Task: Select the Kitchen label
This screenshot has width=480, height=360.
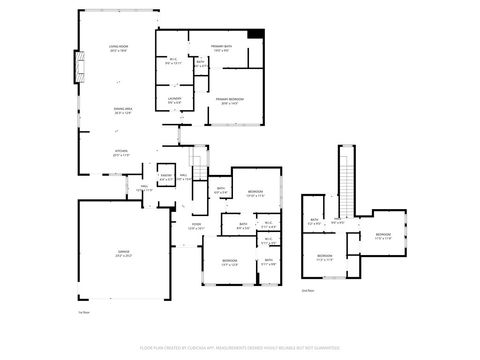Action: coord(121,153)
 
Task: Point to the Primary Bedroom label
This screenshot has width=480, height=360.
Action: coord(228,100)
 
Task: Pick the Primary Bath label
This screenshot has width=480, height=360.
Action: coord(221,48)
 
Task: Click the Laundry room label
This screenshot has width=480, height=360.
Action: coord(173,100)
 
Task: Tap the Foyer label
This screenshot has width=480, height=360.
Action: coord(197,227)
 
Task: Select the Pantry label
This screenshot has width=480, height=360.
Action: coord(167,178)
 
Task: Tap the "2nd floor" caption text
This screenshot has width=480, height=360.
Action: coord(308,291)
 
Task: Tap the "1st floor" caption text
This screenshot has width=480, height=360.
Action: coord(84,312)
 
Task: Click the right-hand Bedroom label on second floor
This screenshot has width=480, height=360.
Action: coord(389,238)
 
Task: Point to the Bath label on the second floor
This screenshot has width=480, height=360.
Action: coord(314,222)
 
